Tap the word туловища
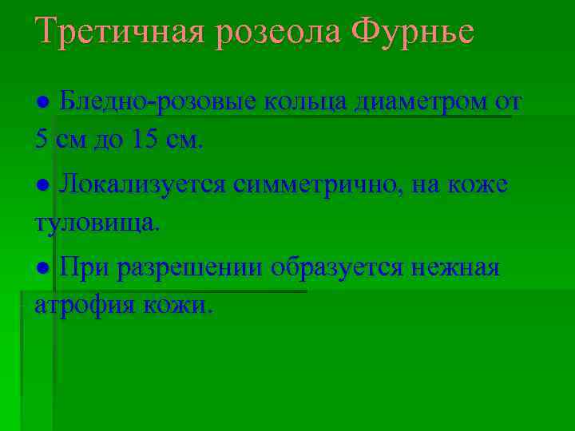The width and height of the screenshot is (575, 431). coord(97,223)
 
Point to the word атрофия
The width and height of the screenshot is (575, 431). coord(85,306)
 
